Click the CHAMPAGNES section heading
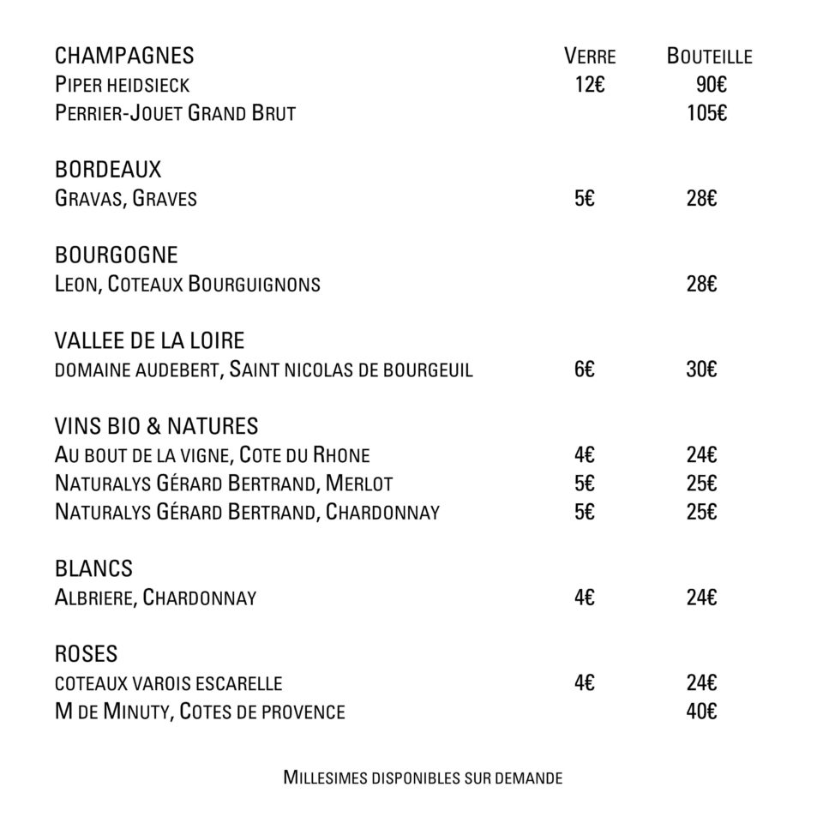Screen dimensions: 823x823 coord(124,57)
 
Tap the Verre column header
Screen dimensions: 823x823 coord(590,57)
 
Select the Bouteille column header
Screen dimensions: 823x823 coord(709,57)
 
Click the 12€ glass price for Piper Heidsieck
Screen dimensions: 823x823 coord(590,85)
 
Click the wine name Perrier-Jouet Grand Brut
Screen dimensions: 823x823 coord(175,113)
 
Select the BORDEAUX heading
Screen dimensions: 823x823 coord(108,170)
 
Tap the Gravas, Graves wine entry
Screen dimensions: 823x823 coord(126,199)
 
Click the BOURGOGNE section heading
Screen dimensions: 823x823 coord(117,255)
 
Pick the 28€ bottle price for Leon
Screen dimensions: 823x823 coord(701,284)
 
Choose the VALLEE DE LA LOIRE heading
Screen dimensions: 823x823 coord(149,341)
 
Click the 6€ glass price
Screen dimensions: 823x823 coord(585,369)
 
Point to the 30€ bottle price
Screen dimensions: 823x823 coord(701,369)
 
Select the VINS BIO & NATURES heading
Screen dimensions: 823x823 coord(156,426)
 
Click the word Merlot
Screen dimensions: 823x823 coord(359,484)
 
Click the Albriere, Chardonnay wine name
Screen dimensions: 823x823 coord(155,598)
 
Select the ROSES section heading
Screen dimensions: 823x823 coord(86,654)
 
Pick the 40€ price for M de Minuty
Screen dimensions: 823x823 coord(701,712)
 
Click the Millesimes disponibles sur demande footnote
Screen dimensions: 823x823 coord(423,778)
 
